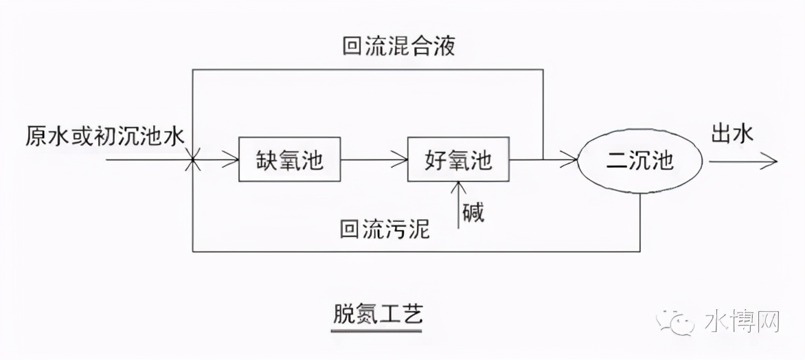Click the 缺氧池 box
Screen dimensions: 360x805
coord(289,159)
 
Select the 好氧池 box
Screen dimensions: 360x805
coord(459,159)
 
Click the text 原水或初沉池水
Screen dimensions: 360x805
coord(105,136)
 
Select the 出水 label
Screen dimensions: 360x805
coord(732,133)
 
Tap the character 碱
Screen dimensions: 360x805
coord(472,212)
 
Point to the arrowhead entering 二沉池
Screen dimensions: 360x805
coord(569,161)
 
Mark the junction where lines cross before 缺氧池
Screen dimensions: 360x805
coord(193,161)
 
